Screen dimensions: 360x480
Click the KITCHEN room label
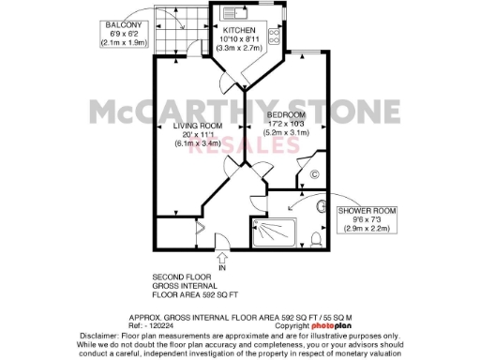click(x=241, y=30)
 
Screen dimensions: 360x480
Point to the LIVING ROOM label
click(x=196, y=125)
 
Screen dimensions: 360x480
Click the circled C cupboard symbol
click(x=314, y=174)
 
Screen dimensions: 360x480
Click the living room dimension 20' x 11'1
click(x=196, y=134)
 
